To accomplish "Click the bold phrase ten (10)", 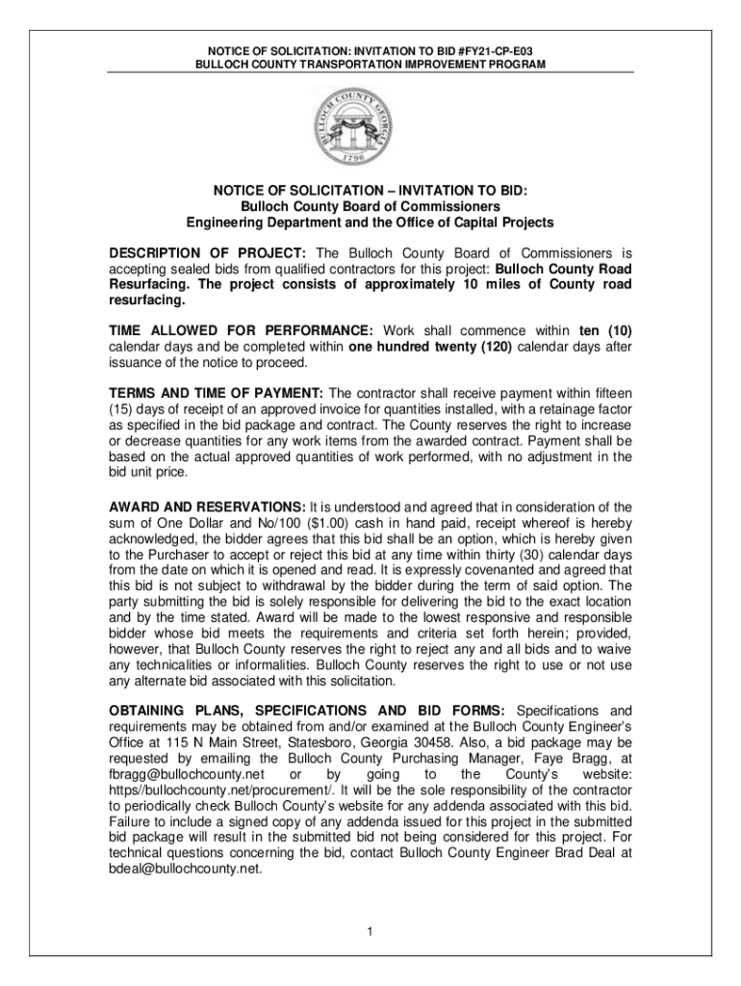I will pos(605,331).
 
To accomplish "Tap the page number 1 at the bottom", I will pos(370,930).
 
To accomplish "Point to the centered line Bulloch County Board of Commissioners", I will pos(370,207).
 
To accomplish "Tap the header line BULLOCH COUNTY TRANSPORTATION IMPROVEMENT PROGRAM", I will pos(370,64).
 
